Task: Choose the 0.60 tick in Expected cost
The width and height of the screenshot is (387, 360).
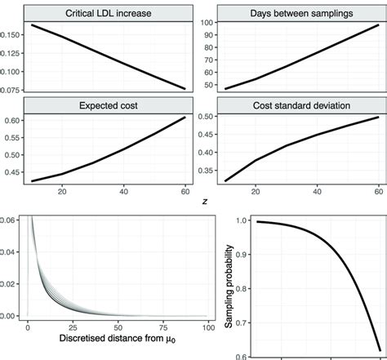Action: [14, 121]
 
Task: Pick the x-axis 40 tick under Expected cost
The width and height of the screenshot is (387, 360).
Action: [123, 191]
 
